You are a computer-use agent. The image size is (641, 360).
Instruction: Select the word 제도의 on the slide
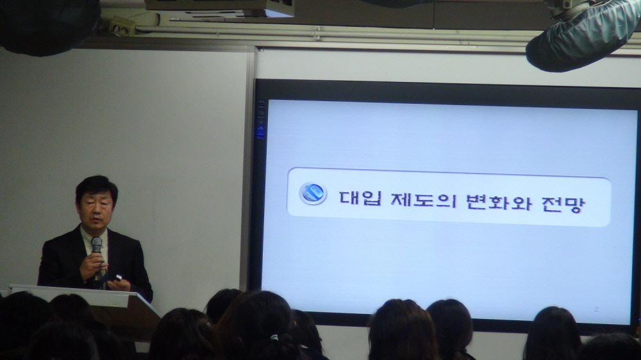(422, 199)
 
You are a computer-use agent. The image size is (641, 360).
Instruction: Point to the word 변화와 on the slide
(499, 201)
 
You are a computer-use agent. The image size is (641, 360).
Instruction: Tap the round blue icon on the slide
(313, 193)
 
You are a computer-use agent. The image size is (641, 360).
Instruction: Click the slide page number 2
(596, 309)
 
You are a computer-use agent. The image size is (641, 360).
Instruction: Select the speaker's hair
(97, 188)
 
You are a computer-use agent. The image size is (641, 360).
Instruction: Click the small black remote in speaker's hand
(118, 278)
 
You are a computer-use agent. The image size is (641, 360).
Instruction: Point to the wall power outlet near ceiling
(122, 26)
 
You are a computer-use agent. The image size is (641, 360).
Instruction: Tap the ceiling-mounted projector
(219, 8)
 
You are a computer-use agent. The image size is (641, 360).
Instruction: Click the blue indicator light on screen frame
(260, 131)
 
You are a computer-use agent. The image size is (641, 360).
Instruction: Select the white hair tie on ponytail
(274, 338)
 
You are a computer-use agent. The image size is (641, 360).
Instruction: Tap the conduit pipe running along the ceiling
(327, 32)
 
